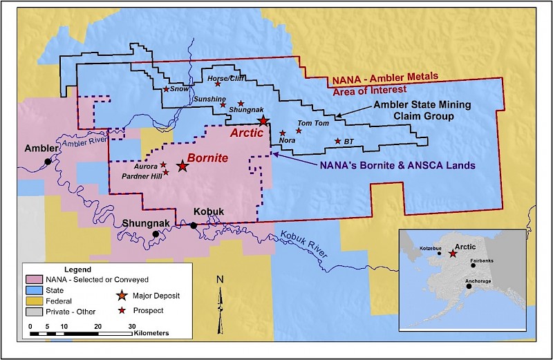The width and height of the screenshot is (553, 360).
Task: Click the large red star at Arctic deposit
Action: pos(263,121)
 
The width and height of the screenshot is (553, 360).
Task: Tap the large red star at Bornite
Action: pos(182,166)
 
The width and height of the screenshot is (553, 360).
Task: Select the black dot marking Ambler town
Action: pos(48,161)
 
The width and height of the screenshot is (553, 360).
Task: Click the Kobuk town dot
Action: pos(194,225)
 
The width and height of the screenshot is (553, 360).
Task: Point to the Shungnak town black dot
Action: pos(156,234)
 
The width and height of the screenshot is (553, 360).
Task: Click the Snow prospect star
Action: pos(166,89)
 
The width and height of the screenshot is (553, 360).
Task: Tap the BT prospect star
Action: pos(337,141)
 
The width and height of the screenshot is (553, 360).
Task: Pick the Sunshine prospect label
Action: pos(208,99)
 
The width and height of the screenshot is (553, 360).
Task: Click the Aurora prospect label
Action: pos(146,167)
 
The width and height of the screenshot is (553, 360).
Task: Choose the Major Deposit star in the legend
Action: pos(122,296)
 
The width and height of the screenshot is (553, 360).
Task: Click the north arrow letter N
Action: pos(220,280)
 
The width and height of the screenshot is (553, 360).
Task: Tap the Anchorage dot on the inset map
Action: pos(469,286)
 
